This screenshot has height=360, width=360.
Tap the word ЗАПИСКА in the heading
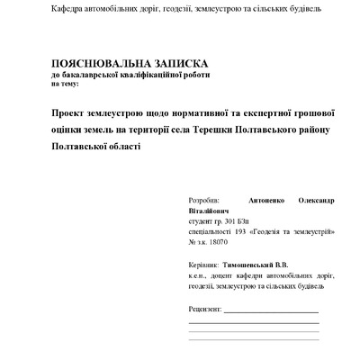click(x=180, y=64)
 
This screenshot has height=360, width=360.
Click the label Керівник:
click(x=204, y=265)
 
